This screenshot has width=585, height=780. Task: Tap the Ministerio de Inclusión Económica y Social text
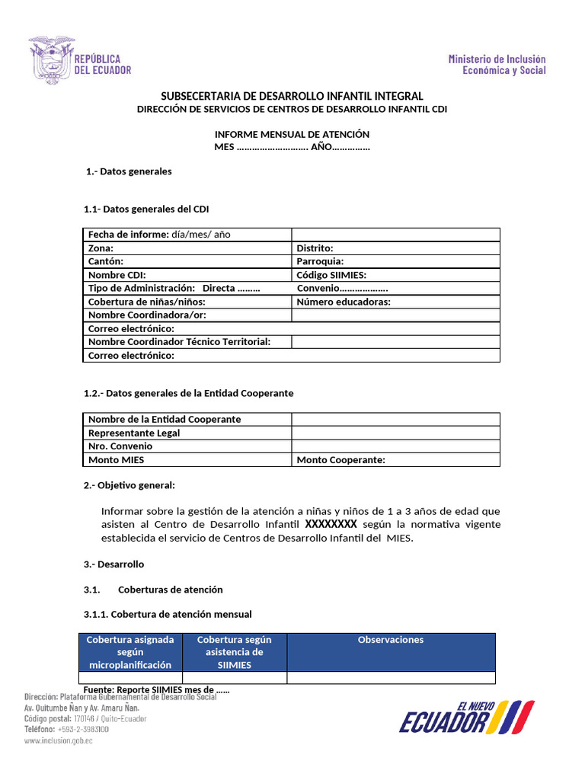(497, 65)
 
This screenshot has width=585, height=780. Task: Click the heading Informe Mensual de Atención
(292, 134)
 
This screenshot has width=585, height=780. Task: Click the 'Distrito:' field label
(315, 248)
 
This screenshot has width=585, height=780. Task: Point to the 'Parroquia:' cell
(319, 261)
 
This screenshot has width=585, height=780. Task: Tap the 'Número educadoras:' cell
(343, 302)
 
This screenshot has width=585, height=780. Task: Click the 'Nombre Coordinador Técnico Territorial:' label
(179, 342)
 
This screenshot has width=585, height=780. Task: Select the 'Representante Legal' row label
(134, 433)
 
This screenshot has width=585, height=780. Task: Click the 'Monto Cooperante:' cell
(340, 460)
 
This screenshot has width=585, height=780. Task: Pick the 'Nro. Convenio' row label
(120, 446)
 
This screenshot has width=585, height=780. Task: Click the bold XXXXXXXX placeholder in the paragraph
(331, 525)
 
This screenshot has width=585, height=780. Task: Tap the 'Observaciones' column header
(391, 640)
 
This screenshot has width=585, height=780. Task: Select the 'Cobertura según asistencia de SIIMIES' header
(234, 652)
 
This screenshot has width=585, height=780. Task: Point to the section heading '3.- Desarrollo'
(113, 564)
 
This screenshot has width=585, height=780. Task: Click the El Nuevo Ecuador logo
(466, 717)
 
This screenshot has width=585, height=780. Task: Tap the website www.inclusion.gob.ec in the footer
(59, 740)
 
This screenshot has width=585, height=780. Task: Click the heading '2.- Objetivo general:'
(129, 485)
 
